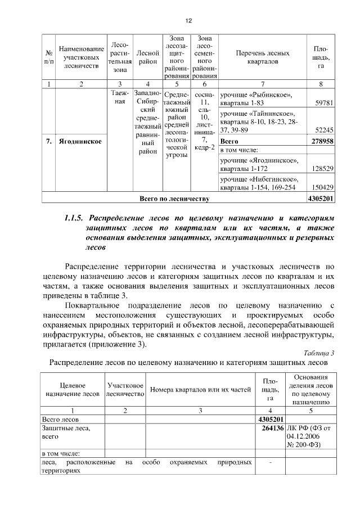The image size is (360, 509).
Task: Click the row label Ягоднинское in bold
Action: (80, 141)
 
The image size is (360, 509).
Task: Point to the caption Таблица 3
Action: (318, 353)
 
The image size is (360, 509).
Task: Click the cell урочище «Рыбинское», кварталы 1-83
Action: (256, 100)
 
